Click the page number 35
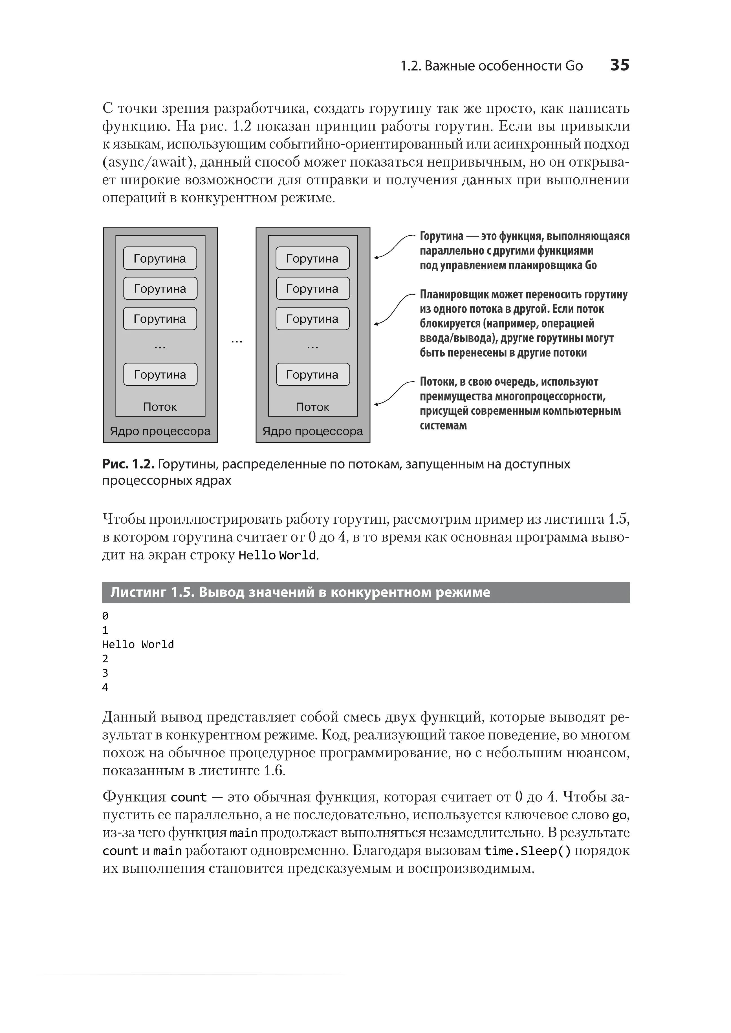point(619,65)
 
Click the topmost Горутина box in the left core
point(160,258)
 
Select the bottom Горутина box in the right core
point(312,374)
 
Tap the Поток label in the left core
point(160,407)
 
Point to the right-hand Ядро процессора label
point(312,431)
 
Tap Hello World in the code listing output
point(138,644)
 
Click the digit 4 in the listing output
point(105,687)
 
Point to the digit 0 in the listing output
point(105,616)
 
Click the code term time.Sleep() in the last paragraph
point(527,851)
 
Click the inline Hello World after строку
point(277,555)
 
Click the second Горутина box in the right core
point(312,288)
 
